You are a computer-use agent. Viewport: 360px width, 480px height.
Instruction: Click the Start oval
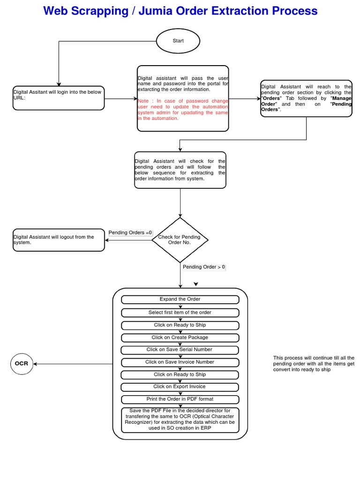[178, 41]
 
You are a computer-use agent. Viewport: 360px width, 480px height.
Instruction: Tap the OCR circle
[22, 364]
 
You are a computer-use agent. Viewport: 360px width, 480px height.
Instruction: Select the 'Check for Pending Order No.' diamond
[180, 240]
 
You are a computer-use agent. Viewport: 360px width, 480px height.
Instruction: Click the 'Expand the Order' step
[180, 300]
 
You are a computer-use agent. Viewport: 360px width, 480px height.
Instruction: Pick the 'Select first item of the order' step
[180, 313]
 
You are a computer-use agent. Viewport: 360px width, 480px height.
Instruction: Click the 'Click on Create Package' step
[180, 337]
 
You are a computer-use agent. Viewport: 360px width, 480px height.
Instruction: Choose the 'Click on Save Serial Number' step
[180, 350]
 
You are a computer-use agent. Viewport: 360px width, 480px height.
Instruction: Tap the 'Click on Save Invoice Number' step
[180, 362]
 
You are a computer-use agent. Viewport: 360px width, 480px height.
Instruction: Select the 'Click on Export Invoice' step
[180, 387]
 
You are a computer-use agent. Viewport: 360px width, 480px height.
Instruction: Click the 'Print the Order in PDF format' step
[180, 399]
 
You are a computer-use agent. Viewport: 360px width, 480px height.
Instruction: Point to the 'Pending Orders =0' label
[130, 232]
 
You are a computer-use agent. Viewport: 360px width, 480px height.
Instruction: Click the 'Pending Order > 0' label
[204, 267]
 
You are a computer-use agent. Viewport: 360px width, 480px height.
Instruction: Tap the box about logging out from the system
[59, 240]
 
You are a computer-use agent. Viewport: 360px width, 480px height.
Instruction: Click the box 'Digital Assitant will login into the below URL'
[59, 98]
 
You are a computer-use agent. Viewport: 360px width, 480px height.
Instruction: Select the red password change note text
[183, 110]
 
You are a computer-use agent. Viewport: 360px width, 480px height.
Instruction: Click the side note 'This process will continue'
[314, 364]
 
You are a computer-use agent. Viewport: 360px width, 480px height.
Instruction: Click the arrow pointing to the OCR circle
[37, 364]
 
